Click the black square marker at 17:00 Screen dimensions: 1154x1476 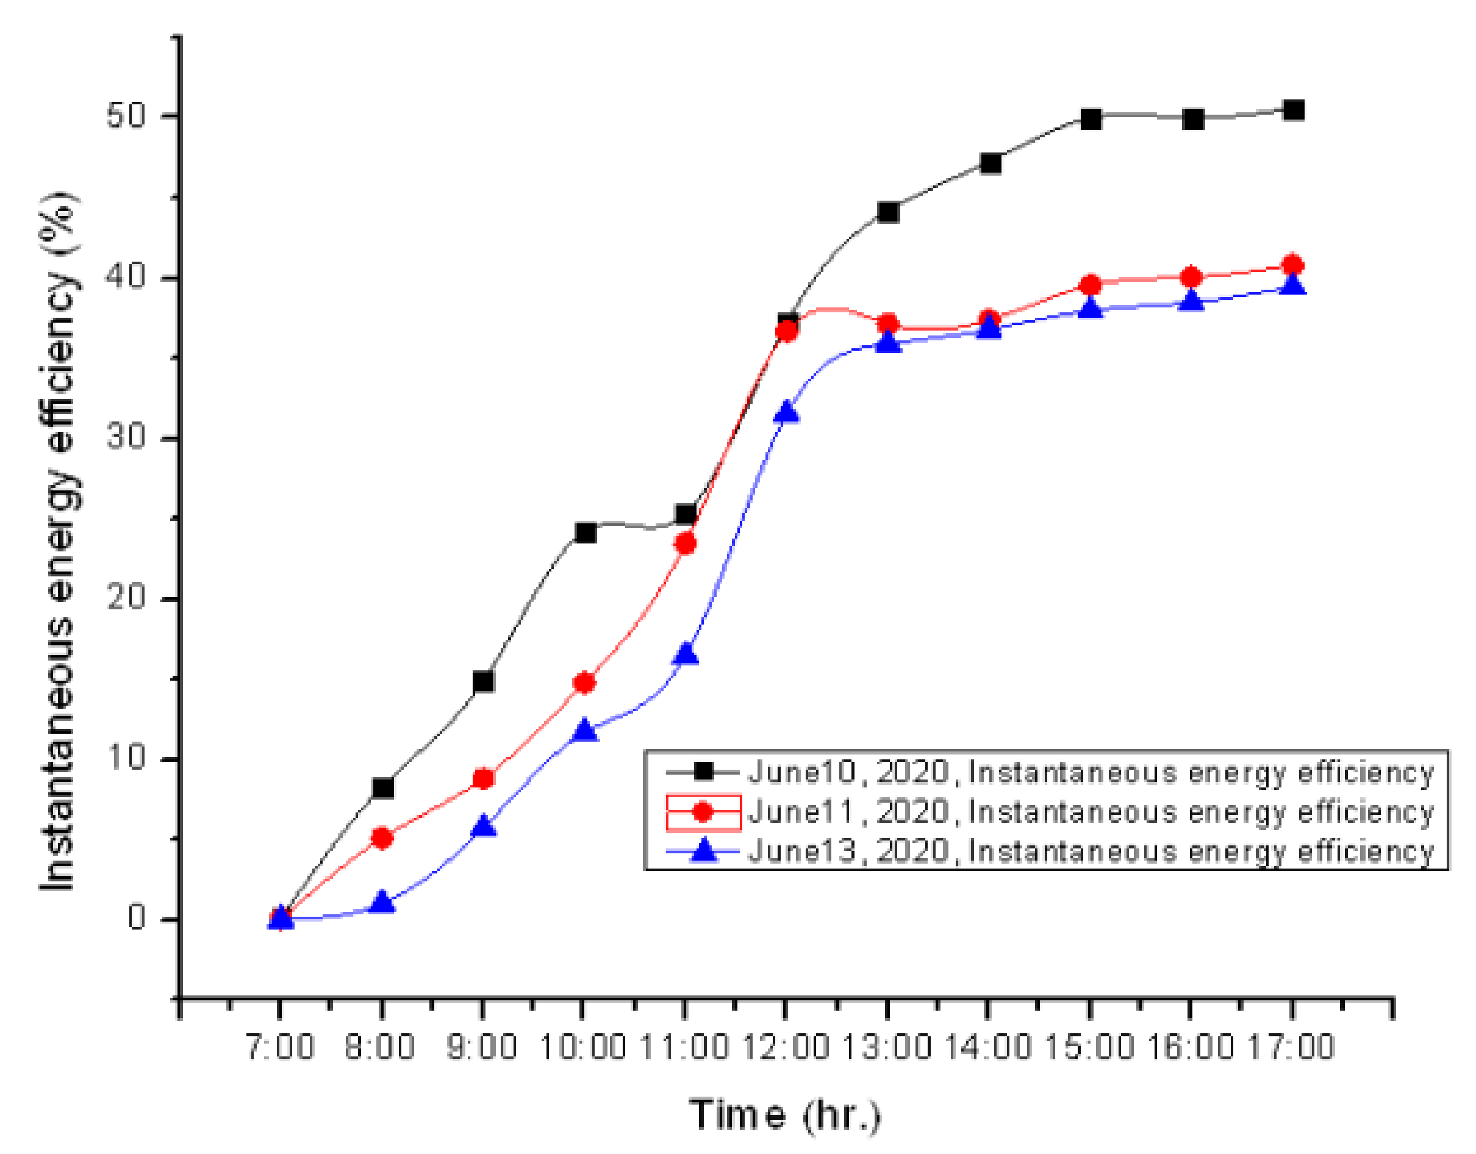click(1293, 110)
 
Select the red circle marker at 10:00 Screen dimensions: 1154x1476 click(584, 683)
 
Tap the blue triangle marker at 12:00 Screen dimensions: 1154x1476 click(787, 412)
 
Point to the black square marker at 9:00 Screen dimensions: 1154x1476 click(483, 681)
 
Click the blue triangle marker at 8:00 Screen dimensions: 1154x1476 click(382, 902)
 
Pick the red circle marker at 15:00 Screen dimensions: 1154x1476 click(1090, 285)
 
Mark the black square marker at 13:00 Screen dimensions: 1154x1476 click(888, 212)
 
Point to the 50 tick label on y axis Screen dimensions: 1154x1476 click(126, 116)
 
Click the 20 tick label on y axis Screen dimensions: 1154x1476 click(126, 598)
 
